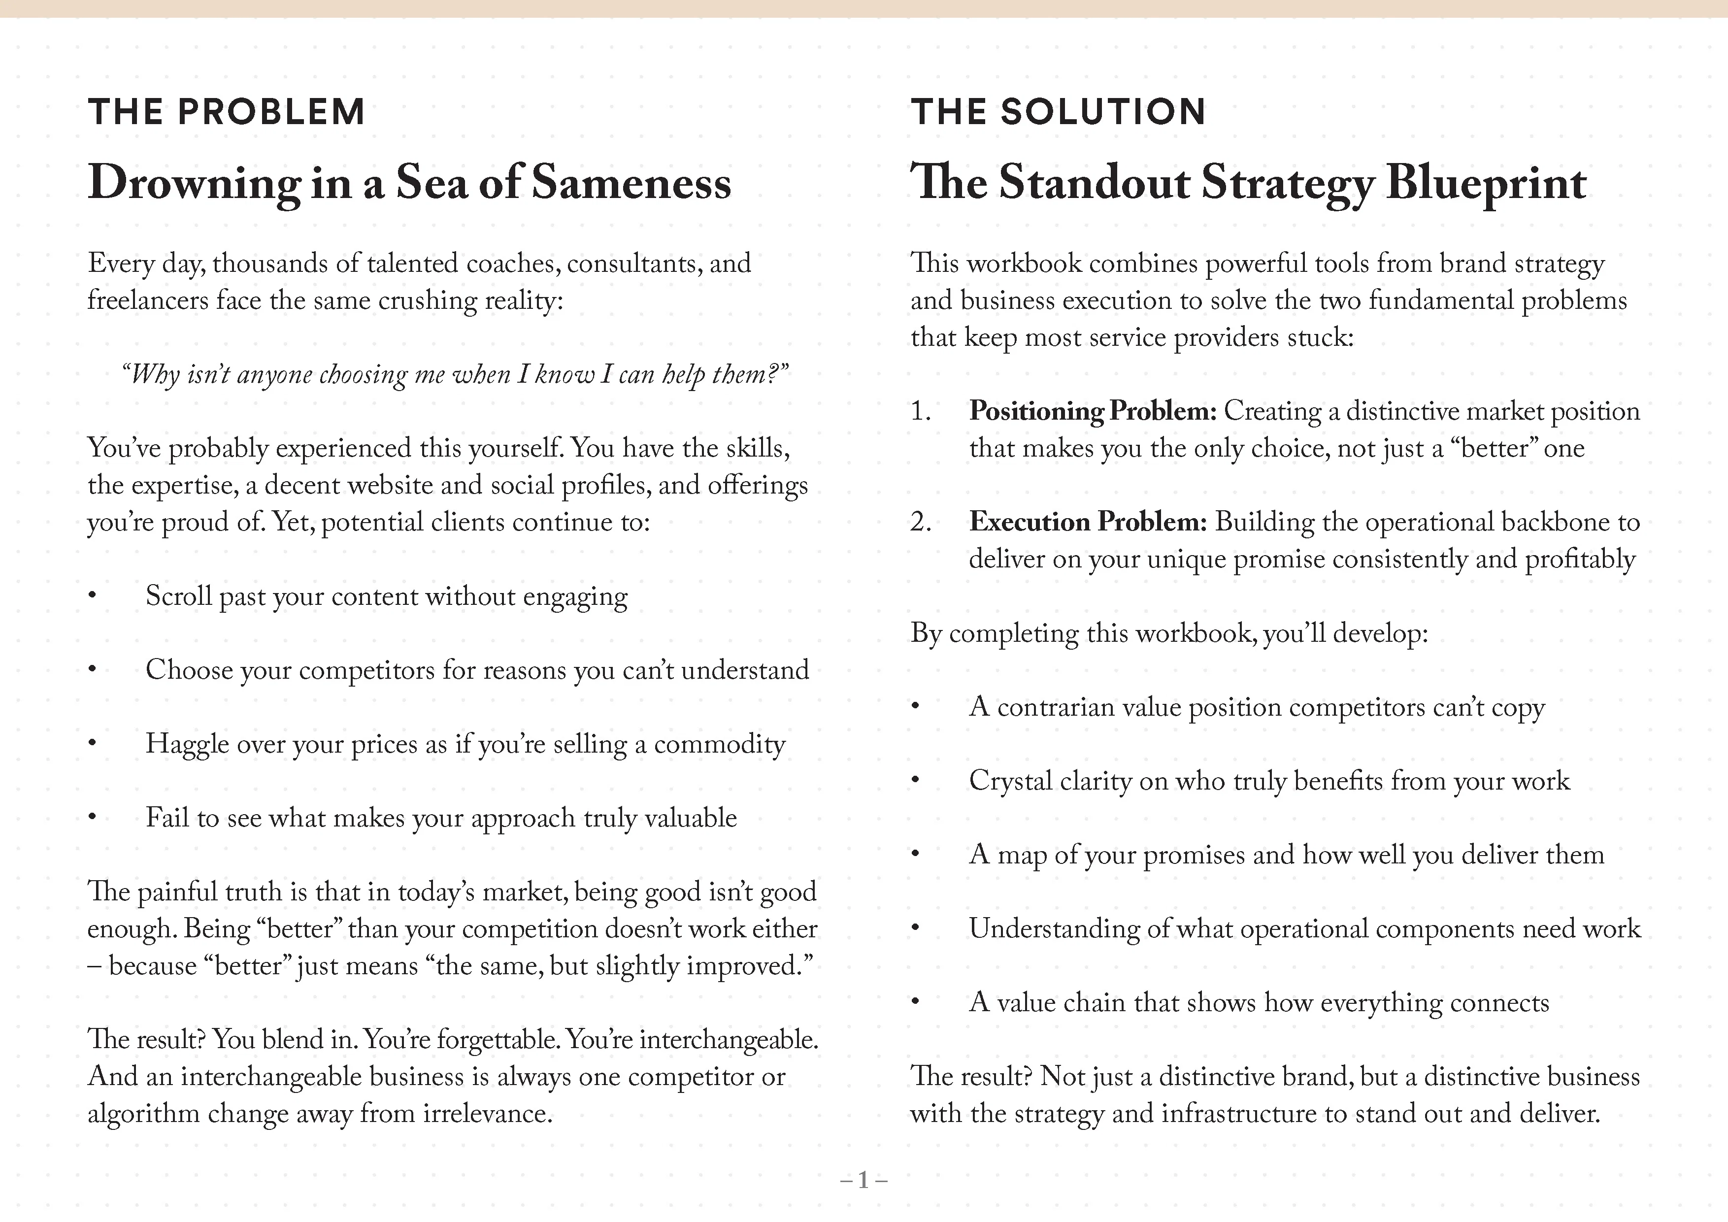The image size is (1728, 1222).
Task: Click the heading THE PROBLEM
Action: click(x=226, y=112)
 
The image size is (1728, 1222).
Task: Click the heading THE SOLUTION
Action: click(x=1058, y=112)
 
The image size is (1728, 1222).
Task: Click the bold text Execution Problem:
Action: click(x=1088, y=522)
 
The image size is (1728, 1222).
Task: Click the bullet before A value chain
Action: click(x=915, y=1003)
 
